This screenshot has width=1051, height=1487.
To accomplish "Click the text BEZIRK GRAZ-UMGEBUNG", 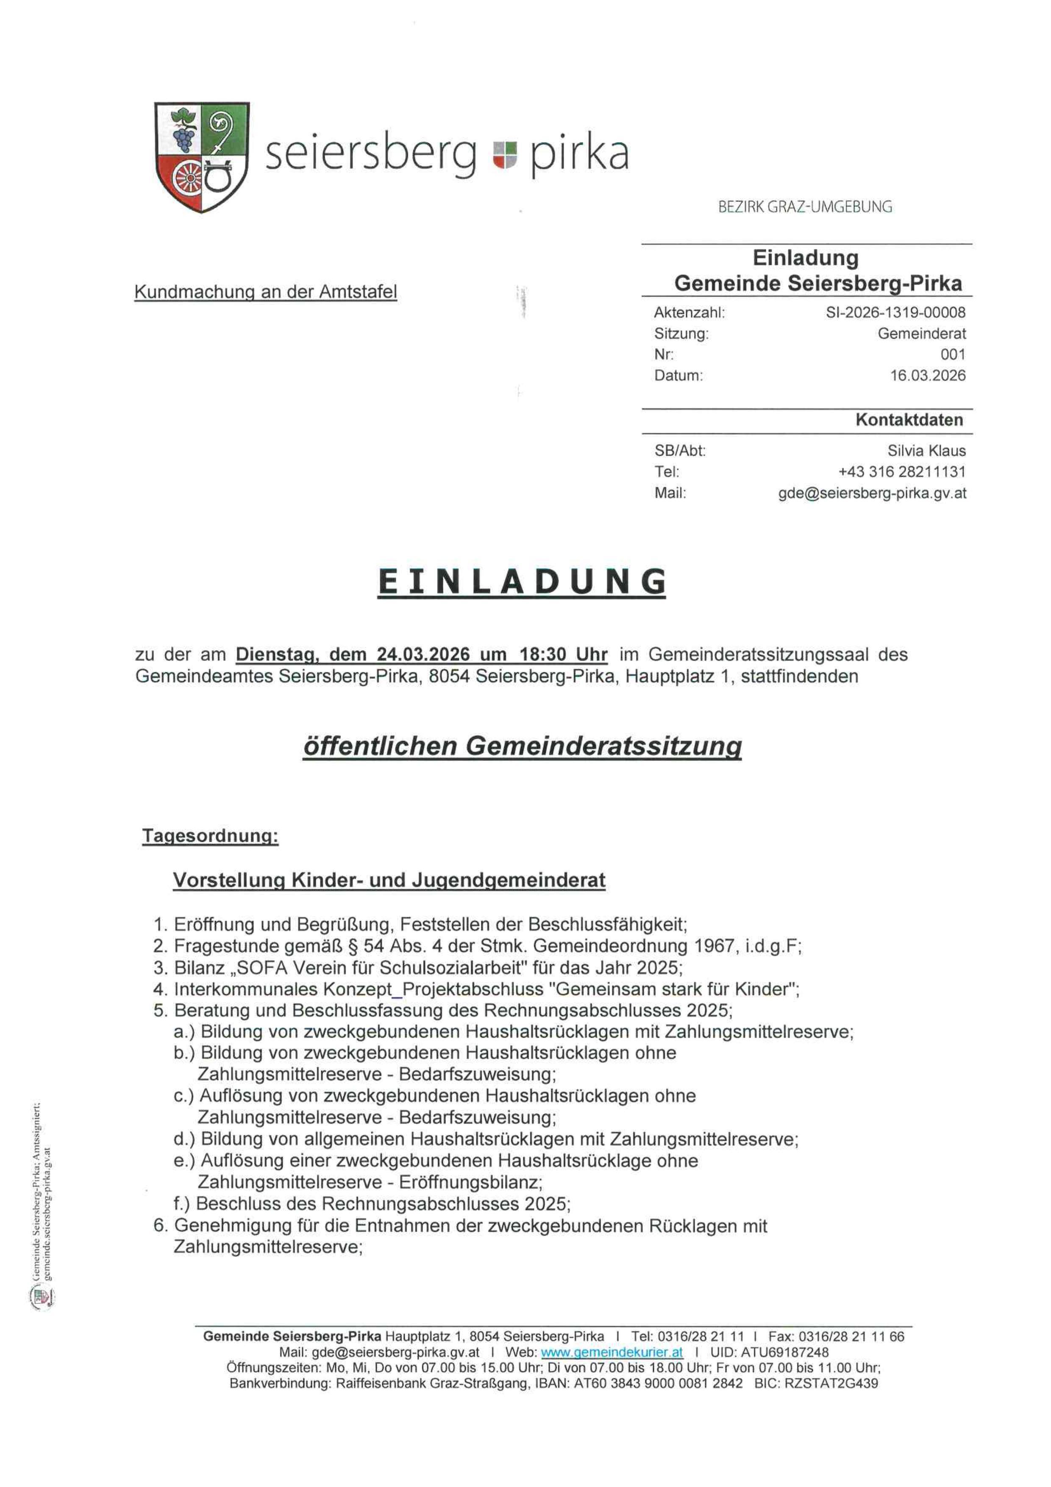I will point(805,207).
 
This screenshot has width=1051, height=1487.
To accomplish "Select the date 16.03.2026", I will point(927,376).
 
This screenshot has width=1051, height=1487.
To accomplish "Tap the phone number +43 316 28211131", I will point(901,471).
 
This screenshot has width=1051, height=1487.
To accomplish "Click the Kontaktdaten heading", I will point(909,420).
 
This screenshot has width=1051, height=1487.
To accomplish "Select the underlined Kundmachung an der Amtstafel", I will point(265,293).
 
